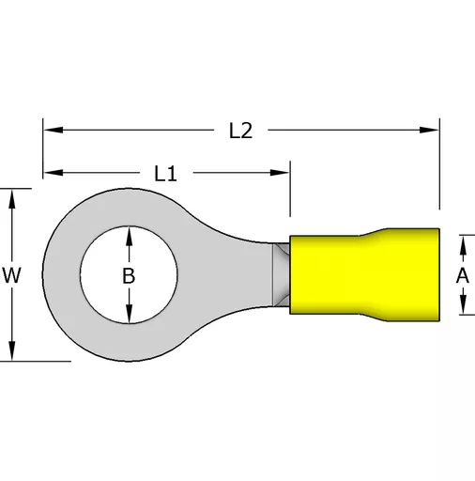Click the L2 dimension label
click(x=240, y=131)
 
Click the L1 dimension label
click(x=166, y=174)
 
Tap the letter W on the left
click(x=11, y=275)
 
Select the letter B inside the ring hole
click(x=129, y=276)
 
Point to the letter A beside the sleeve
click(x=463, y=276)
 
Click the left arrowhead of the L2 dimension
click(x=54, y=130)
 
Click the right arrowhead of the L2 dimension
click(x=429, y=130)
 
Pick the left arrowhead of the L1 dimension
click(x=54, y=173)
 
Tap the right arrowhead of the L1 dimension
click(x=280, y=173)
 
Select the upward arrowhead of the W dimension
click(x=12, y=199)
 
